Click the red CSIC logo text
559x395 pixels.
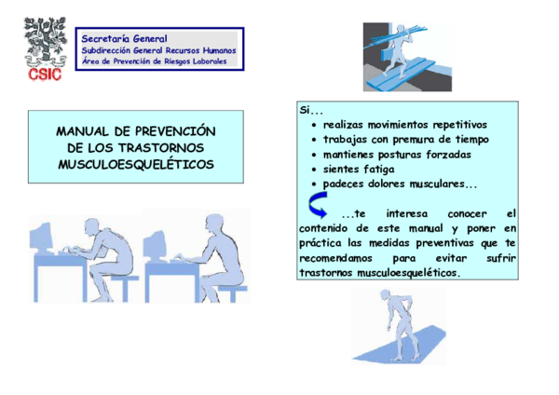click(45, 75)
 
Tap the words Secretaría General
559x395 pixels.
click(124, 38)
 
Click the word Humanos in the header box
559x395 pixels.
click(220, 50)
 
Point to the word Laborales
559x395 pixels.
click(210, 61)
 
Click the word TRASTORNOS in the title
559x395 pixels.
click(161, 147)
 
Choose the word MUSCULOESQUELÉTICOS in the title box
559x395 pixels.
click(136, 164)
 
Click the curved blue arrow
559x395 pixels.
click(318, 205)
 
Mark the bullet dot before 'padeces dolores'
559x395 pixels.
click(314, 184)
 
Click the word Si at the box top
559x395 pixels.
click(305, 110)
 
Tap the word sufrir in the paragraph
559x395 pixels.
click(501, 258)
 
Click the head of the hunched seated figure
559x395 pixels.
click(91, 226)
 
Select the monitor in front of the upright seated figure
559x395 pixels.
click(155, 244)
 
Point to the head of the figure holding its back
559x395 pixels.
click(385, 294)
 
